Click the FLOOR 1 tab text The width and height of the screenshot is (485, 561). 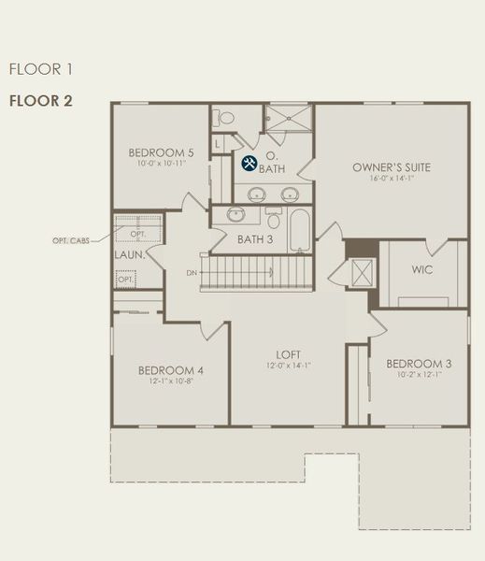coord(40,69)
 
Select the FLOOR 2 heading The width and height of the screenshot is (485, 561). coord(40,100)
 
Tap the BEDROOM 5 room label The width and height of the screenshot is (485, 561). coord(162,152)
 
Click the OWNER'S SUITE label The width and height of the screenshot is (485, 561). coord(392,167)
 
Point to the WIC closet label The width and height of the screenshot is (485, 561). coord(421,269)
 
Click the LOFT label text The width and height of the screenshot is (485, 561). coord(288,354)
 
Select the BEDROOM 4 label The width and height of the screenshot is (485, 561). coord(171,369)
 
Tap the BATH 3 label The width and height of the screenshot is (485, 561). coord(255,239)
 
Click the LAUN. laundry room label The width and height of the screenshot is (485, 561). coord(128,254)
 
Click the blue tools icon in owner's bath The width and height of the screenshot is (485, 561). coord(250,164)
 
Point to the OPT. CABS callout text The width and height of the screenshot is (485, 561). coord(74,240)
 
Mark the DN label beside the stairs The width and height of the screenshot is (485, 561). coord(192,273)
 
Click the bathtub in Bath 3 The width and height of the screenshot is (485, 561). coord(300,231)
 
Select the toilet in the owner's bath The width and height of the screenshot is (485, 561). coord(225,119)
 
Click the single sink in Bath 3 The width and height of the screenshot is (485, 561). coord(236,215)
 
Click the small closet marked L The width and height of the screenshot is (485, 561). coord(218,144)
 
